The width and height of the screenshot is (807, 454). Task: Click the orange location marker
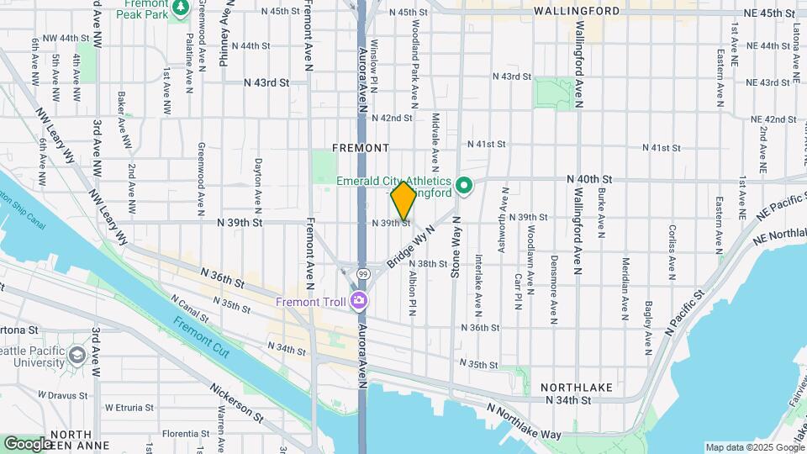[x=403, y=200]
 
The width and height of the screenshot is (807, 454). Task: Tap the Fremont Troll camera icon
[x=360, y=300]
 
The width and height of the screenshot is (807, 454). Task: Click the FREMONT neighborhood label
[x=361, y=148]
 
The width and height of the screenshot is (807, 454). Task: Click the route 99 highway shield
[x=362, y=275]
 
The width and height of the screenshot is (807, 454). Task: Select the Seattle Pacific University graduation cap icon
[x=77, y=355]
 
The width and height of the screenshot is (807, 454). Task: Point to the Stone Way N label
[x=456, y=245]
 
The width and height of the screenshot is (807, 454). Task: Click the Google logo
[x=28, y=443]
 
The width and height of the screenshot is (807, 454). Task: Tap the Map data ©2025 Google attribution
[x=754, y=447]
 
